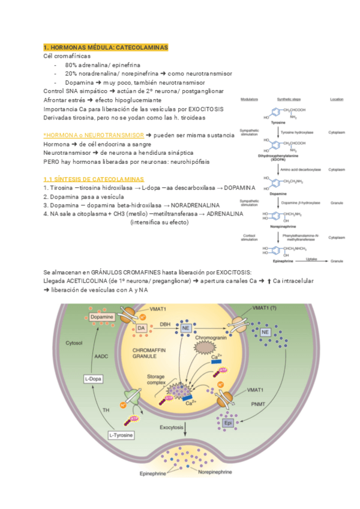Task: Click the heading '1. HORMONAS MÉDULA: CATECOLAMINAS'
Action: (106, 47)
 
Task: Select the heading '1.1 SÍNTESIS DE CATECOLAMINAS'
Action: (94, 179)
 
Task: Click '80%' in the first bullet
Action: (71, 64)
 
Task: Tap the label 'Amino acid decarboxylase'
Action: (298, 170)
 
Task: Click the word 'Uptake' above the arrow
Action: (311, 259)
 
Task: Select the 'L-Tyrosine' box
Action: (121, 434)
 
